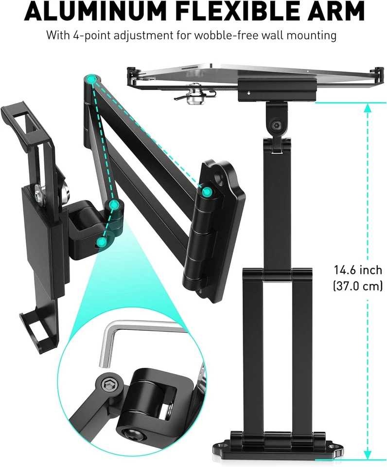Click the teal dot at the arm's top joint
click(91, 80)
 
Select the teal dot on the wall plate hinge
click(207, 192)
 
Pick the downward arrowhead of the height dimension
click(367, 455)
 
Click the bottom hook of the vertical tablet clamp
click(34, 326)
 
